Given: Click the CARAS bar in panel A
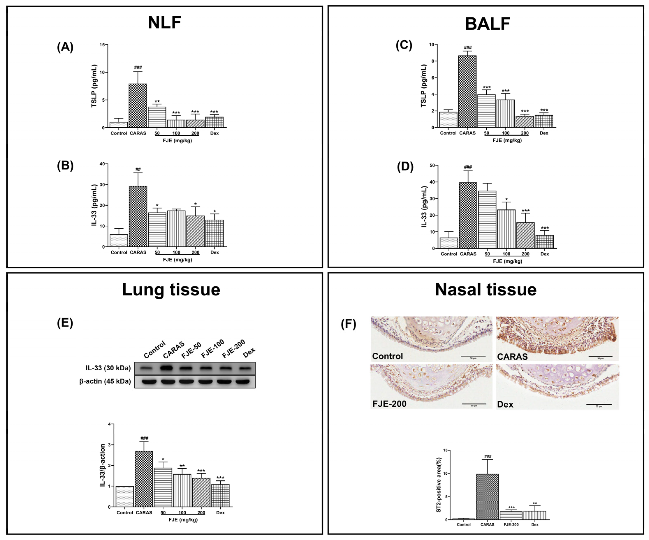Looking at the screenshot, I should click(138, 106).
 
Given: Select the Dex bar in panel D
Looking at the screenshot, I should click(545, 242).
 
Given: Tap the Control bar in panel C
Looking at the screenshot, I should click(448, 120).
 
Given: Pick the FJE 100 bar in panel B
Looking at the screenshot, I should click(176, 229).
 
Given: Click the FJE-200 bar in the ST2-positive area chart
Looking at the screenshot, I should click(511, 516).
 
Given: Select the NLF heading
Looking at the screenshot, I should click(164, 23).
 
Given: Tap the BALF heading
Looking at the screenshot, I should click(487, 24).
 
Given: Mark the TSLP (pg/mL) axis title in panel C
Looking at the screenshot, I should click(423, 86).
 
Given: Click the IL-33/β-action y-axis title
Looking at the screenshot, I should click(103, 466).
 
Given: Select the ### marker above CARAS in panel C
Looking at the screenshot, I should click(468, 48).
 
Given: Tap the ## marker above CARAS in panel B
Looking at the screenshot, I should click(138, 169).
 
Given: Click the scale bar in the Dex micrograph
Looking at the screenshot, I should click(599, 404).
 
